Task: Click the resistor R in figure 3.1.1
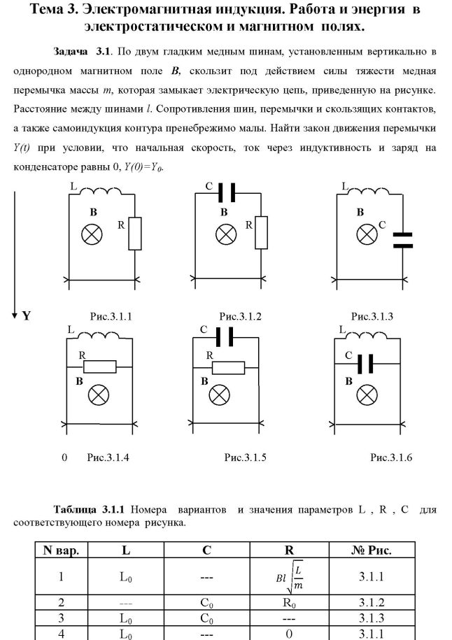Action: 136,233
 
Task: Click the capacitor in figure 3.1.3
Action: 403,240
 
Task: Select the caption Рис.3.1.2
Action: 240,316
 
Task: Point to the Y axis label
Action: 26,315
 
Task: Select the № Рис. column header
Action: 373,550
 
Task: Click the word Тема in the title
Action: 71,13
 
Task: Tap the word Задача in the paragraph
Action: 73,52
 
